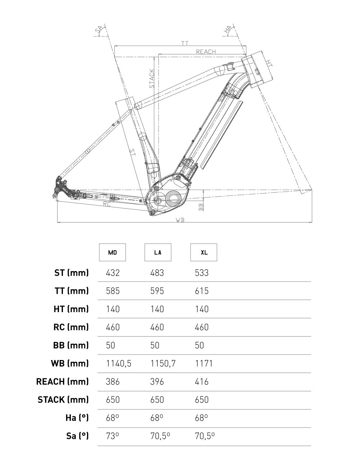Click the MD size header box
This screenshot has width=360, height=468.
(x=113, y=252)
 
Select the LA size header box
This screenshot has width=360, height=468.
(x=158, y=252)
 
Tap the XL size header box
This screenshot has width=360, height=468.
(x=204, y=252)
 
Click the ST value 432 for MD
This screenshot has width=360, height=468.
(x=113, y=273)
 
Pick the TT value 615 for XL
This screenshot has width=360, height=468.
(x=202, y=291)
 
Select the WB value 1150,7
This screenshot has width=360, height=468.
(x=163, y=364)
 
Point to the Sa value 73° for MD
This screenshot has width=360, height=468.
(x=113, y=436)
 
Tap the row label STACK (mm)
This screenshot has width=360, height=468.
(x=63, y=400)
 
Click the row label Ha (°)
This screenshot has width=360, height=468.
(x=77, y=418)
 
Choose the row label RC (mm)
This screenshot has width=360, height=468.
(x=71, y=327)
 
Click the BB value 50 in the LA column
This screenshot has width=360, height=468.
(x=155, y=345)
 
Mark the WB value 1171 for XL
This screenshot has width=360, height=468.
(x=204, y=364)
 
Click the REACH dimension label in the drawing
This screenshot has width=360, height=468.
(x=206, y=52)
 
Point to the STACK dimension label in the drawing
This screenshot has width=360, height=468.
(x=152, y=79)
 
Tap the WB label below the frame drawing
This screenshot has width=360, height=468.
(x=180, y=220)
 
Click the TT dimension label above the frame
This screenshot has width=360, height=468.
(x=185, y=44)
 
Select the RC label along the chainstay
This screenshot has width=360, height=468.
(x=107, y=204)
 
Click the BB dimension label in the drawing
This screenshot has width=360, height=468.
(x=201, y=206)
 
